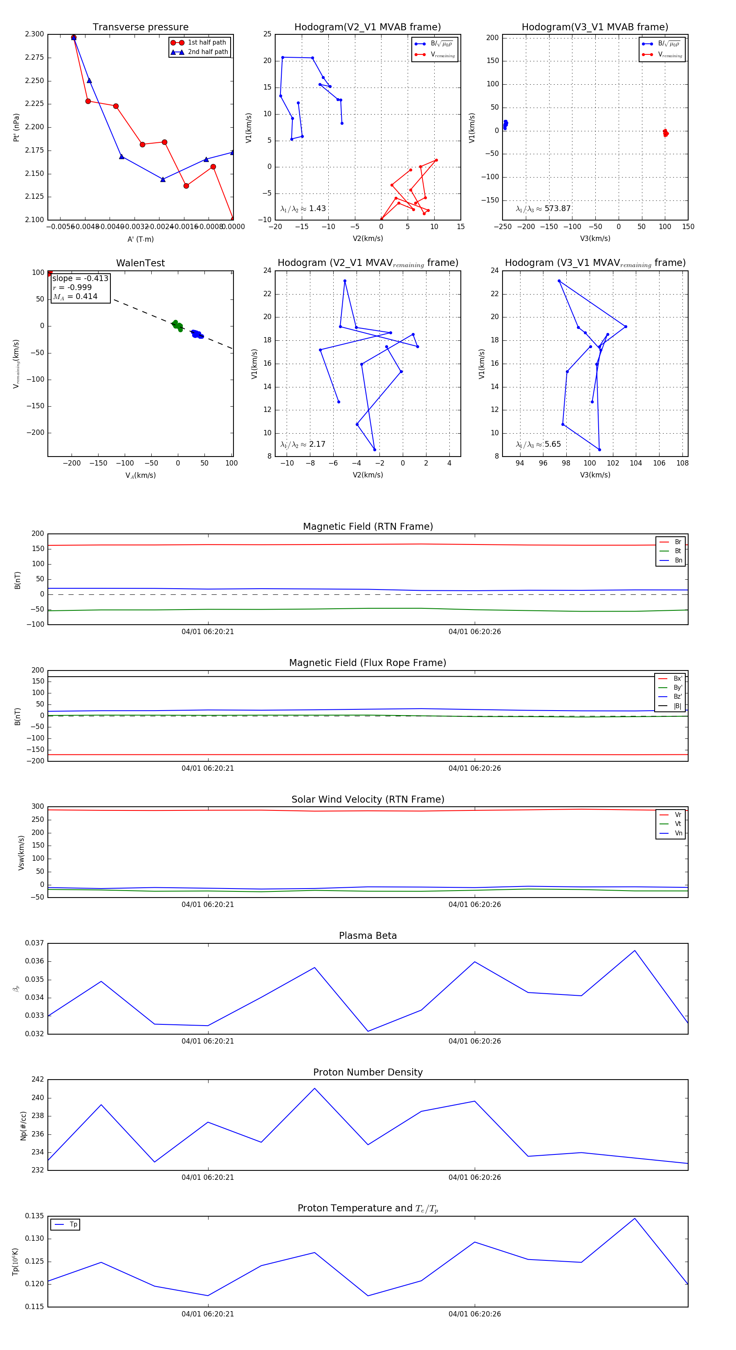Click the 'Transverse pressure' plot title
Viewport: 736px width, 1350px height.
[140, 27]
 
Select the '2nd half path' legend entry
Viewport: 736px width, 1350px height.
[207, 52]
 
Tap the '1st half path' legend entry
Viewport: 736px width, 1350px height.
[206, 43]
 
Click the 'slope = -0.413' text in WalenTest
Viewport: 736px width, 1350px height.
[80, 278]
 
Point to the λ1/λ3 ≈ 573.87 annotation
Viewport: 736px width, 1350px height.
[543, 209]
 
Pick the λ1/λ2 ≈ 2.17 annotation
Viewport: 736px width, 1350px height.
[303, 444]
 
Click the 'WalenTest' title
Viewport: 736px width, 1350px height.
[140, 263]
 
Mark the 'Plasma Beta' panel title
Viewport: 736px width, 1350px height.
[368, 936]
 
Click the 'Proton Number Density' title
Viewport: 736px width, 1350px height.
[368, 1072]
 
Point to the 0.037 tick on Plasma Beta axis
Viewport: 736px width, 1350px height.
[35, 943]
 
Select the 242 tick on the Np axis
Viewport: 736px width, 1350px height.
[38, 1080]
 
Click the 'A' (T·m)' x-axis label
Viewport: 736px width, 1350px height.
[140, 239]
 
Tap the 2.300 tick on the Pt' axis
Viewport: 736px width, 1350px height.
[35, 34]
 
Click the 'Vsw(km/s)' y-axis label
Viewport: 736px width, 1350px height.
[21, 853]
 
